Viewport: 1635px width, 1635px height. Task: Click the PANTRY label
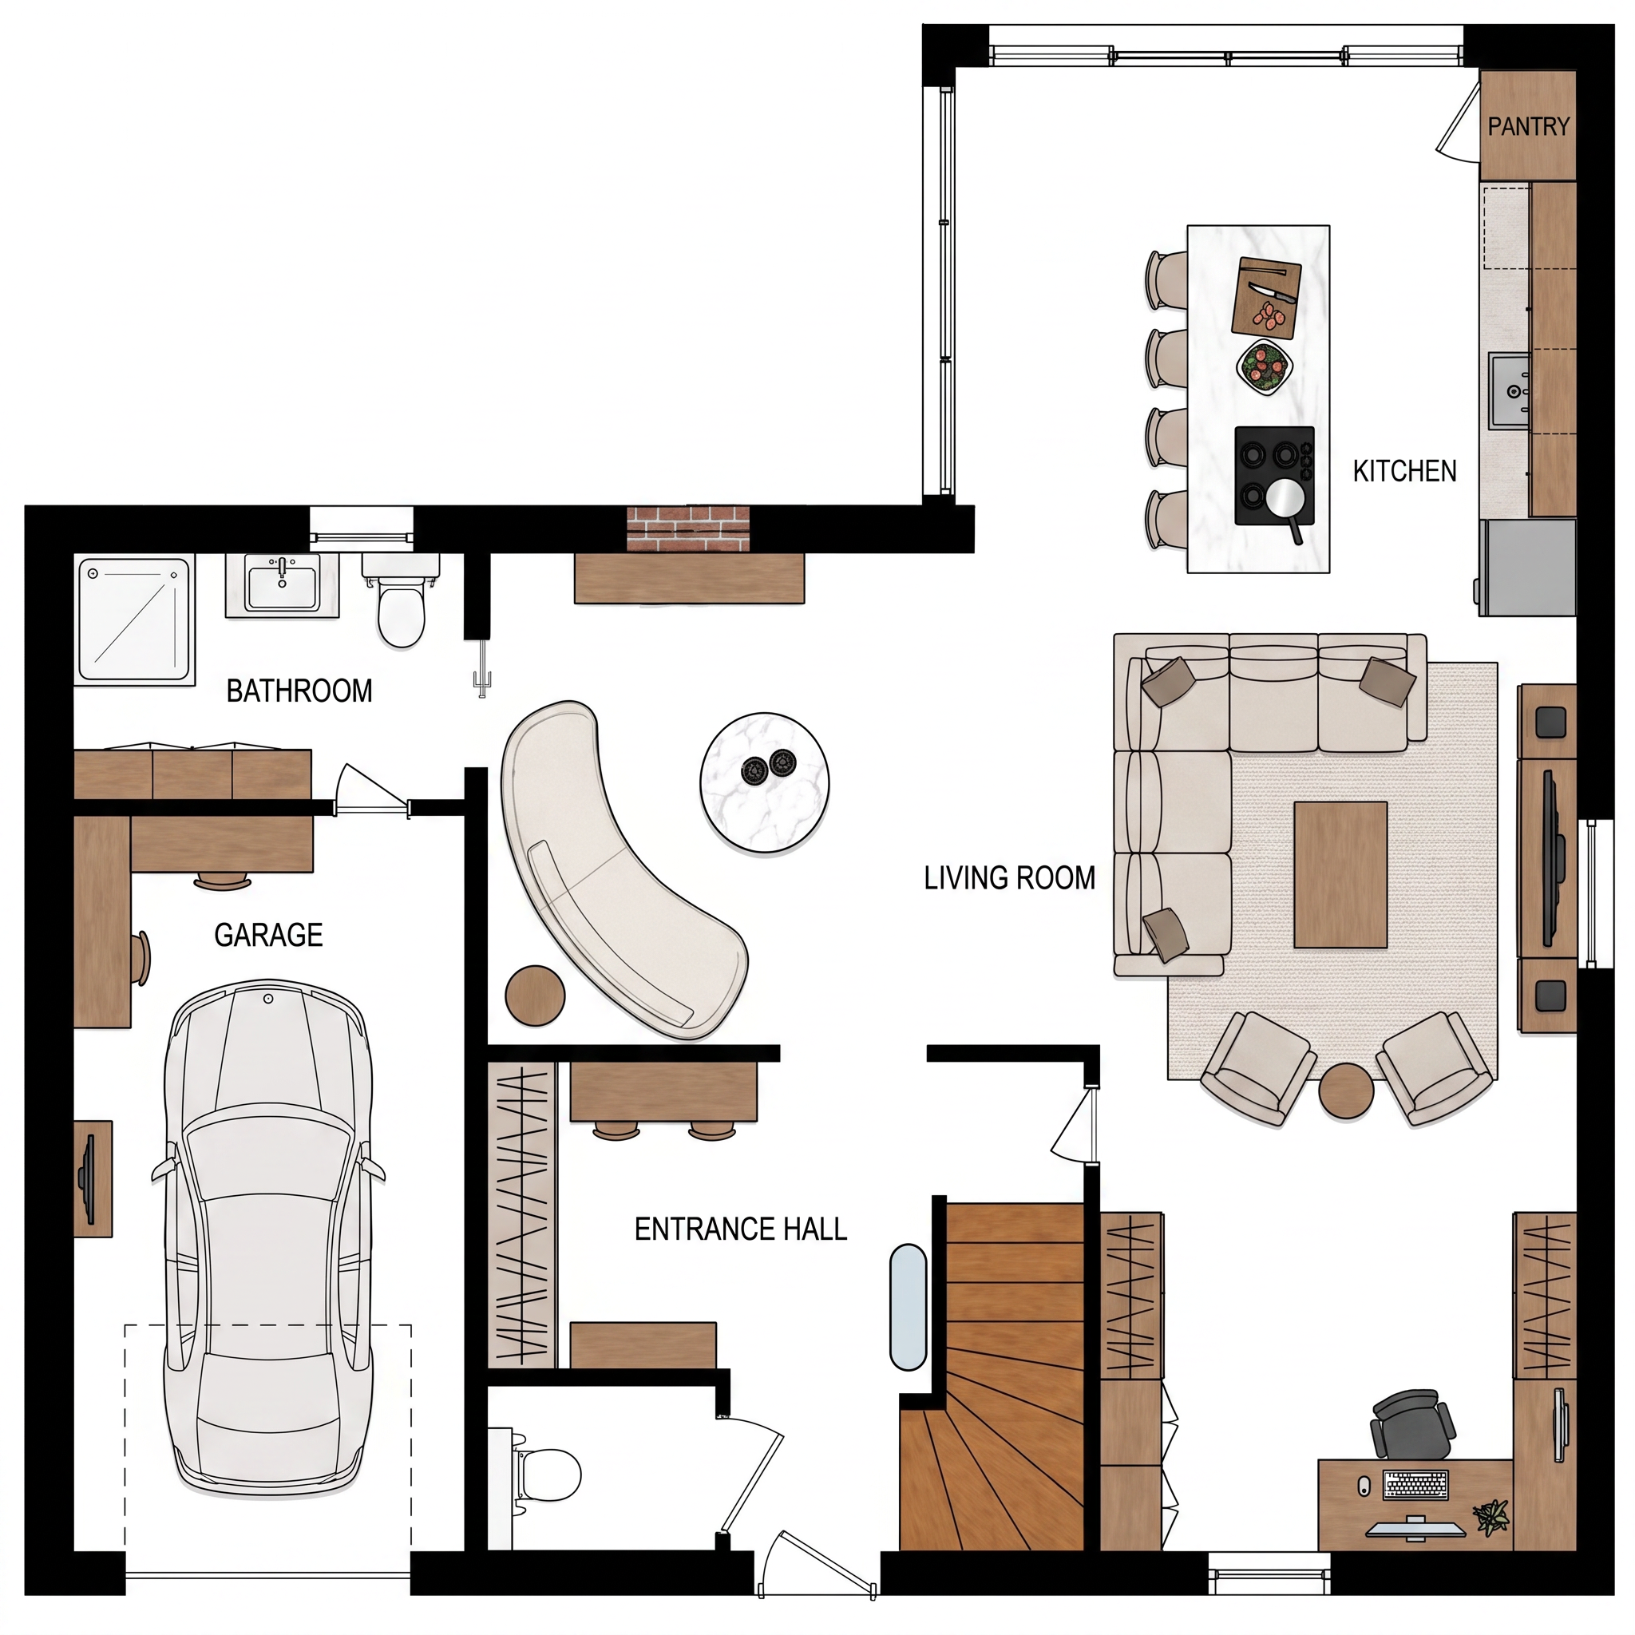[1528, 126]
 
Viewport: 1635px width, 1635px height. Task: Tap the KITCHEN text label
[1405, 470]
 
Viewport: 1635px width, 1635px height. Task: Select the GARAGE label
[268, 934]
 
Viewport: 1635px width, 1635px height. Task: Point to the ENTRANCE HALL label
[741, 1229]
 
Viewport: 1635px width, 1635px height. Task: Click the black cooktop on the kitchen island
[1274, 476]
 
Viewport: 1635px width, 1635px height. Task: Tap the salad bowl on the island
[1265, 366]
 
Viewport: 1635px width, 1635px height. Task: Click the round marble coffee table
[764, 784]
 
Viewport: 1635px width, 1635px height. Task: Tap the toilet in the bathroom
[400, 600]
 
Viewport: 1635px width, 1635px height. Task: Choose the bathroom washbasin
[282, 584]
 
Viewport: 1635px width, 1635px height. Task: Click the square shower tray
[136, 619]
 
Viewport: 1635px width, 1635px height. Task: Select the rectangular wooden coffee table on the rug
[1340, 874]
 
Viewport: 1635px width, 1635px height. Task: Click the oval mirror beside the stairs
[909, 1308]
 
